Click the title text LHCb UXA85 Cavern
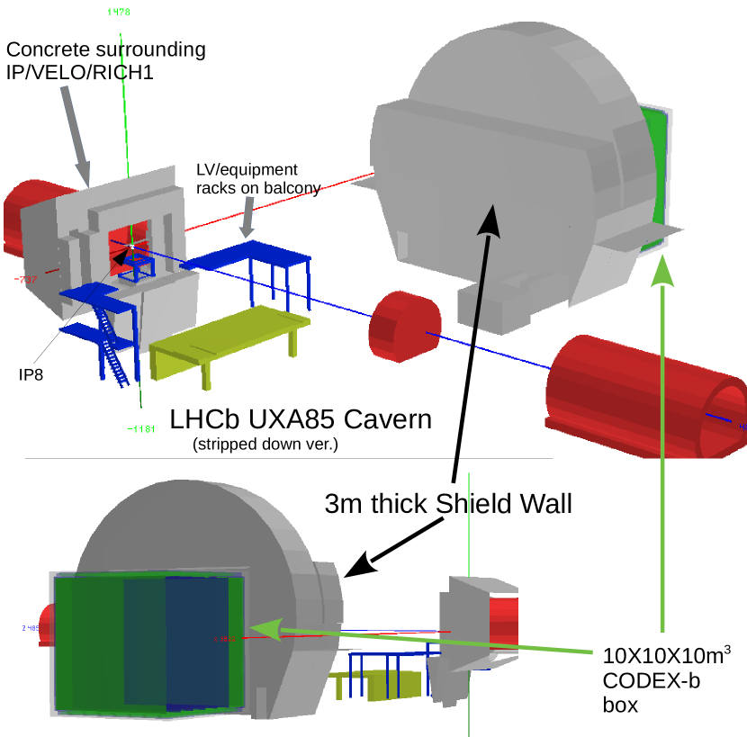301,419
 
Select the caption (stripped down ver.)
265,444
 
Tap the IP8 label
31,373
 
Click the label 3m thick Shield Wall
447,504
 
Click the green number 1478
118,12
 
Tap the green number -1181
141,428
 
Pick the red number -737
25,280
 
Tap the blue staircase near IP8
110,346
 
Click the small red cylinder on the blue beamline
404,326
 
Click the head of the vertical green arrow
662,270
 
